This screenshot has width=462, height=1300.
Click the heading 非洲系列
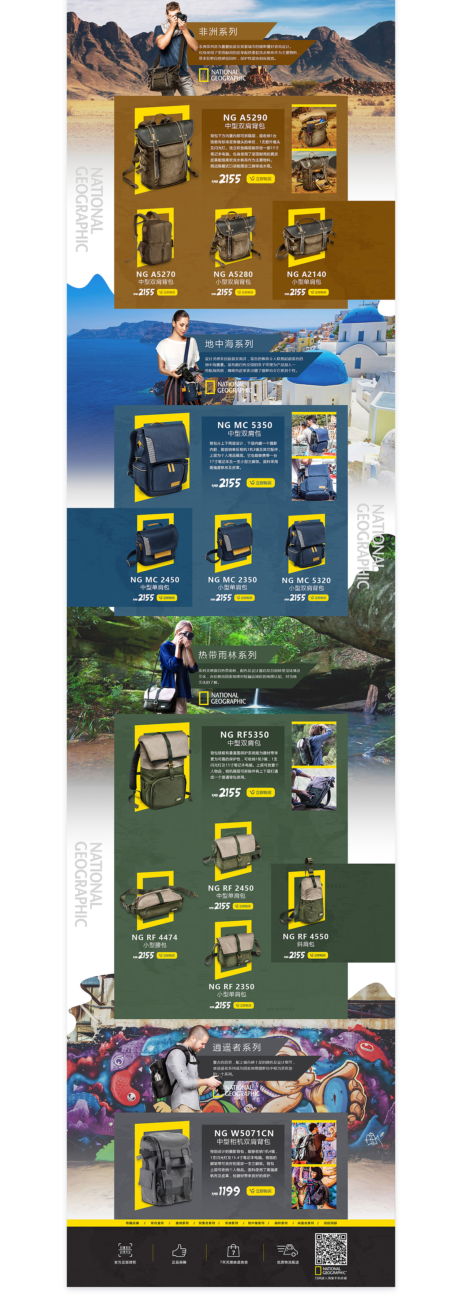pos(218,32)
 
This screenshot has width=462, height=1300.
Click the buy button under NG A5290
pos(261,179)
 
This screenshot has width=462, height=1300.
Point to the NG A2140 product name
pos(306,274)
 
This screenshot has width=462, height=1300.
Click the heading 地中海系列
pos(229,344)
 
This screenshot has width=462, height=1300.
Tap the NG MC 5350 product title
pos(245,425)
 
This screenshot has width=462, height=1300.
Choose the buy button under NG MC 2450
pos(167,597)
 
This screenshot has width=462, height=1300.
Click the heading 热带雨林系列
pos(227,655)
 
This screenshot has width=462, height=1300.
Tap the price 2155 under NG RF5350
pos(230,792)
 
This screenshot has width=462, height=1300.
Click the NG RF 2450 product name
pos(231,888)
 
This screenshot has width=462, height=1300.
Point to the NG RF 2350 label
pos(231,986)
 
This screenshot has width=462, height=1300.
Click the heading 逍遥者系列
pos(236,1048)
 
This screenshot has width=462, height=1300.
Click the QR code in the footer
pos(331,1249)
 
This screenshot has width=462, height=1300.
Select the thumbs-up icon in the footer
pos(179,1251)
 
